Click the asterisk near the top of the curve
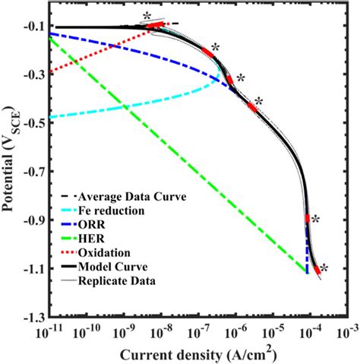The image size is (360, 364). [146, 16]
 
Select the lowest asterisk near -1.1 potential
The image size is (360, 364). [324, 267]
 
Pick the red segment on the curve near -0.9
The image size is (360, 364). [307, 219]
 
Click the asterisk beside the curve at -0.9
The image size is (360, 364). [314, 219]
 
